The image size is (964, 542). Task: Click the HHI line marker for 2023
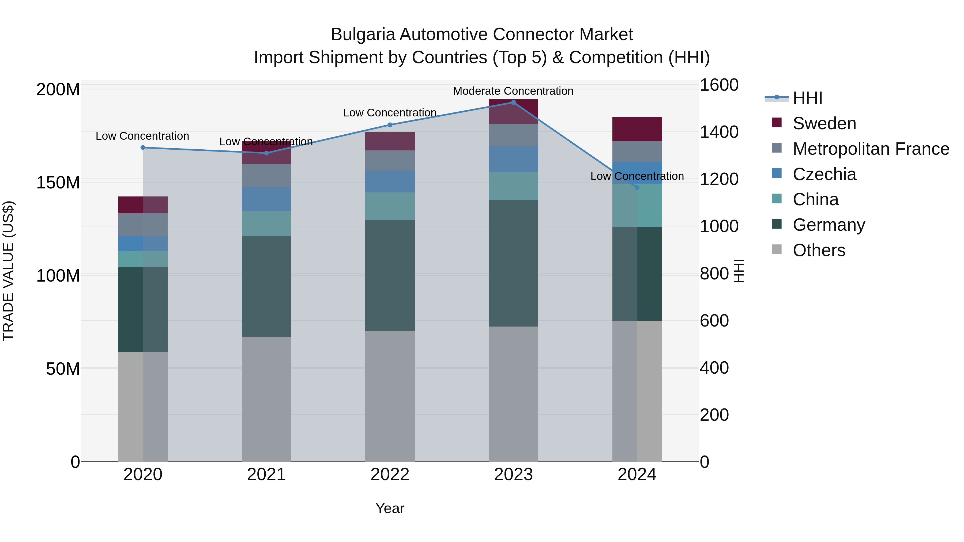513,103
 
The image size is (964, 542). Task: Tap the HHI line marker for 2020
143,148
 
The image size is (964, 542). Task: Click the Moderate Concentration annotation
513,91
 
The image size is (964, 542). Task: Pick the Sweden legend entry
824,123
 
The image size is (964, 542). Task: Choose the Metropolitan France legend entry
871,149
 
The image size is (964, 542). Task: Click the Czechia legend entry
824,174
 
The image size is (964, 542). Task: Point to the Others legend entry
819,250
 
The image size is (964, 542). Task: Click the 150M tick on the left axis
58,183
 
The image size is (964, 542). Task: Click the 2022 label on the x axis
390,475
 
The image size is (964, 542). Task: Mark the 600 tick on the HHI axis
714,321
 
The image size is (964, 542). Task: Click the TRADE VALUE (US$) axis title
8,271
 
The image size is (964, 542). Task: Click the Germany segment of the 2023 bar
513,263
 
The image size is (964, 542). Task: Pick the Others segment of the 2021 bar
266,399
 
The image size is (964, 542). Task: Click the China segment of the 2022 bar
390,206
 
